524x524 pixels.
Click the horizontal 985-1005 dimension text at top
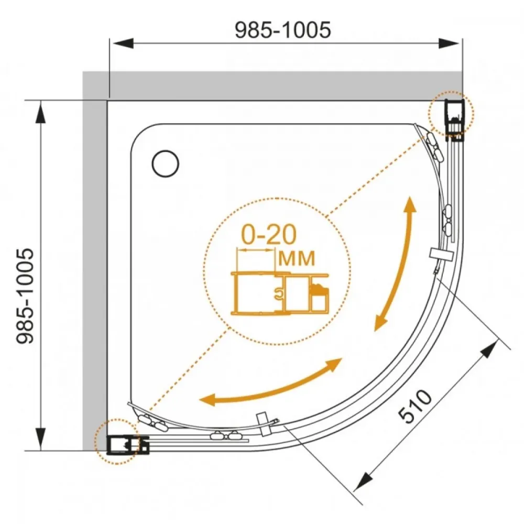(x=283, y=30)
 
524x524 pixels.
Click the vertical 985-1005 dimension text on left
(x=25, y=296)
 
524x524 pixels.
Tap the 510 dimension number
(x=416, y=407)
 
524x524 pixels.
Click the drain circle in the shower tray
(x=166, y=163)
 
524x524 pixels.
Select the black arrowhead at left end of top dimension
(x=122, y=43)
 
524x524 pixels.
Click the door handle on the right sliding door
(x=440, y=254)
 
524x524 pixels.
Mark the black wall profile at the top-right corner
(x=455, y=119)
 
